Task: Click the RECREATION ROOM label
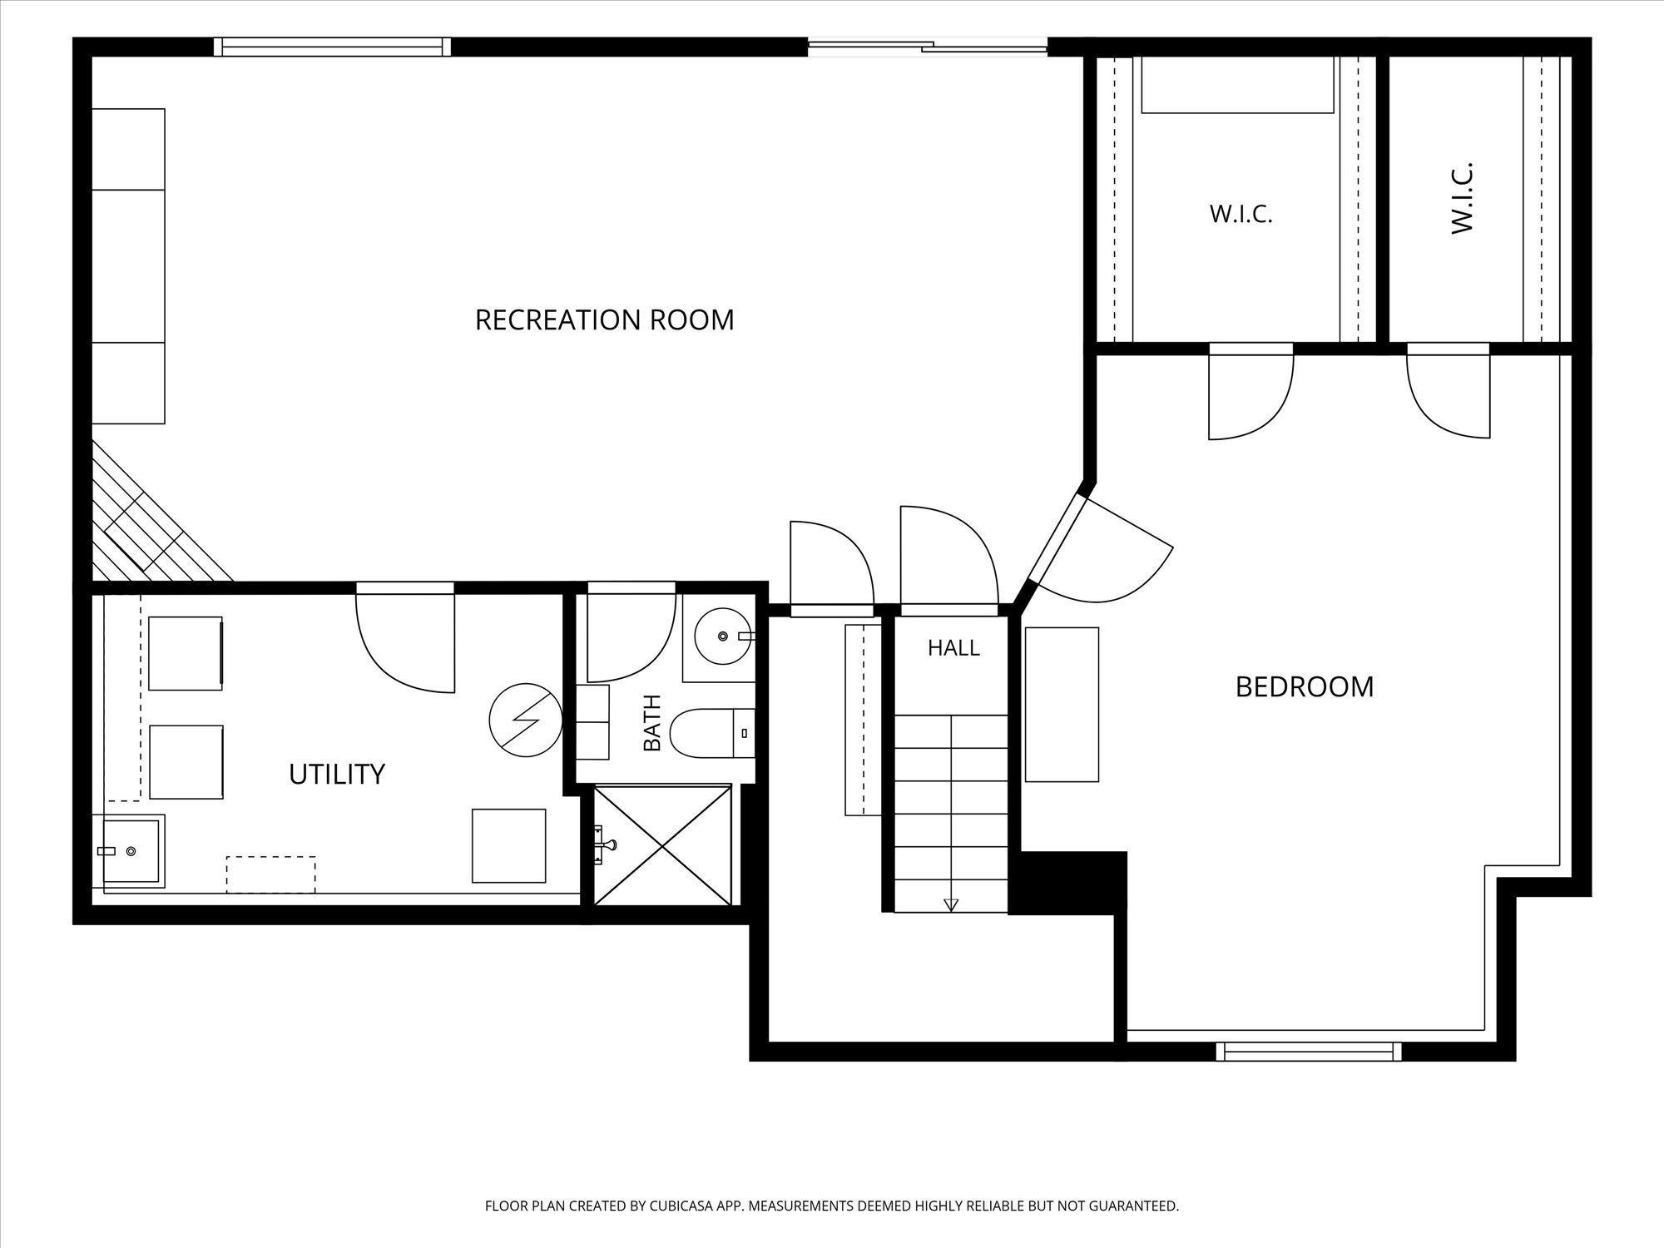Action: tap(604, 319)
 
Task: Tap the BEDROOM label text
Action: tap(1304, 687)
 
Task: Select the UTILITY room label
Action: tap(337, 775)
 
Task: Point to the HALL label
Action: tap(953, 647)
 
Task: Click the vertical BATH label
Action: tap(652, 722)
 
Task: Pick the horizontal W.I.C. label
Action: tap(1241, 215)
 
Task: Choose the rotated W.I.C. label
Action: tap(1463, 198)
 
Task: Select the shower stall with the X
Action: tap(662, 844)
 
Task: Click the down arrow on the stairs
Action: tap(951, 905)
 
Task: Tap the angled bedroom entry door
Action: tap(1098, 549)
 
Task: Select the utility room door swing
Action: tap(405, 637)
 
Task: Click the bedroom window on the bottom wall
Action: tap(1309, 1052)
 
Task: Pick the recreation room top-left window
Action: tap(332, 47)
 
